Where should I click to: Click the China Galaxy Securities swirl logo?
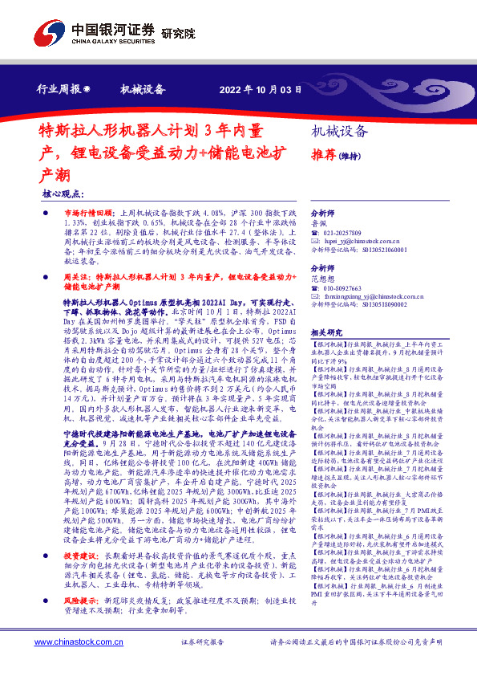point(47,35)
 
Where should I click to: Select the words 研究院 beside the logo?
point(178,34)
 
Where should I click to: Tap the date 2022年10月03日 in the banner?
point(261,89)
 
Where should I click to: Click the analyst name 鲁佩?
point(318,224)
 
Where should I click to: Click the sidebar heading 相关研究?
point(326,332)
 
